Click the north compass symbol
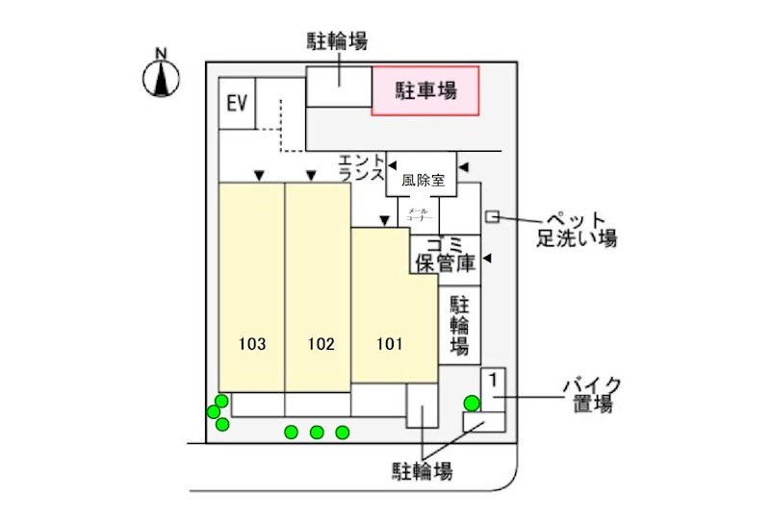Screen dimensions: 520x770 163,77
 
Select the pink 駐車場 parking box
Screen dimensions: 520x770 425,91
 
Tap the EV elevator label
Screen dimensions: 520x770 237,103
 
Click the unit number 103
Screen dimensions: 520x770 252,343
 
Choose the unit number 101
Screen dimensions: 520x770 389,343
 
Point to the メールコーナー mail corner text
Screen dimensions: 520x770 420,214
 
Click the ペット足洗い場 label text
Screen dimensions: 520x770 577,228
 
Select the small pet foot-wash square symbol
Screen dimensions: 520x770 492,218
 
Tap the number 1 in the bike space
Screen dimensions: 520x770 492,380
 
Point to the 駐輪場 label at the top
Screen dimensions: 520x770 337,41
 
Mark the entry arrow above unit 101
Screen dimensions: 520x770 384,221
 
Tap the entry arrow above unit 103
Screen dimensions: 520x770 258,175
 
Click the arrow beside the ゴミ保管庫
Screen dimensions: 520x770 487,259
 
